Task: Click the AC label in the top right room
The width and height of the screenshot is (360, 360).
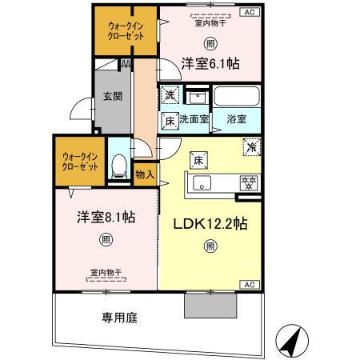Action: [250, 11]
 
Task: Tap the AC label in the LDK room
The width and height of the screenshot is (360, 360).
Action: [250, 285]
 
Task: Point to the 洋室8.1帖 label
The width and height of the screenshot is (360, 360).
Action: [106, 217]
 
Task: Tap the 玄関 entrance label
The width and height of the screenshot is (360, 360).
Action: [111, 98]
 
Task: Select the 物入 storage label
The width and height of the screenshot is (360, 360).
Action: [145, 174]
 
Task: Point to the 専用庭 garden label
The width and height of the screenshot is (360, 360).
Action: [119, 317]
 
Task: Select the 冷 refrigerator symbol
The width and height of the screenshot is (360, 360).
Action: [251, 148]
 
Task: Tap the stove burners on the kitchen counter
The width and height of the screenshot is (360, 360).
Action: [248, 181]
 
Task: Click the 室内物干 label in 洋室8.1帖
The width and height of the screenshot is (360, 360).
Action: [106, 273]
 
